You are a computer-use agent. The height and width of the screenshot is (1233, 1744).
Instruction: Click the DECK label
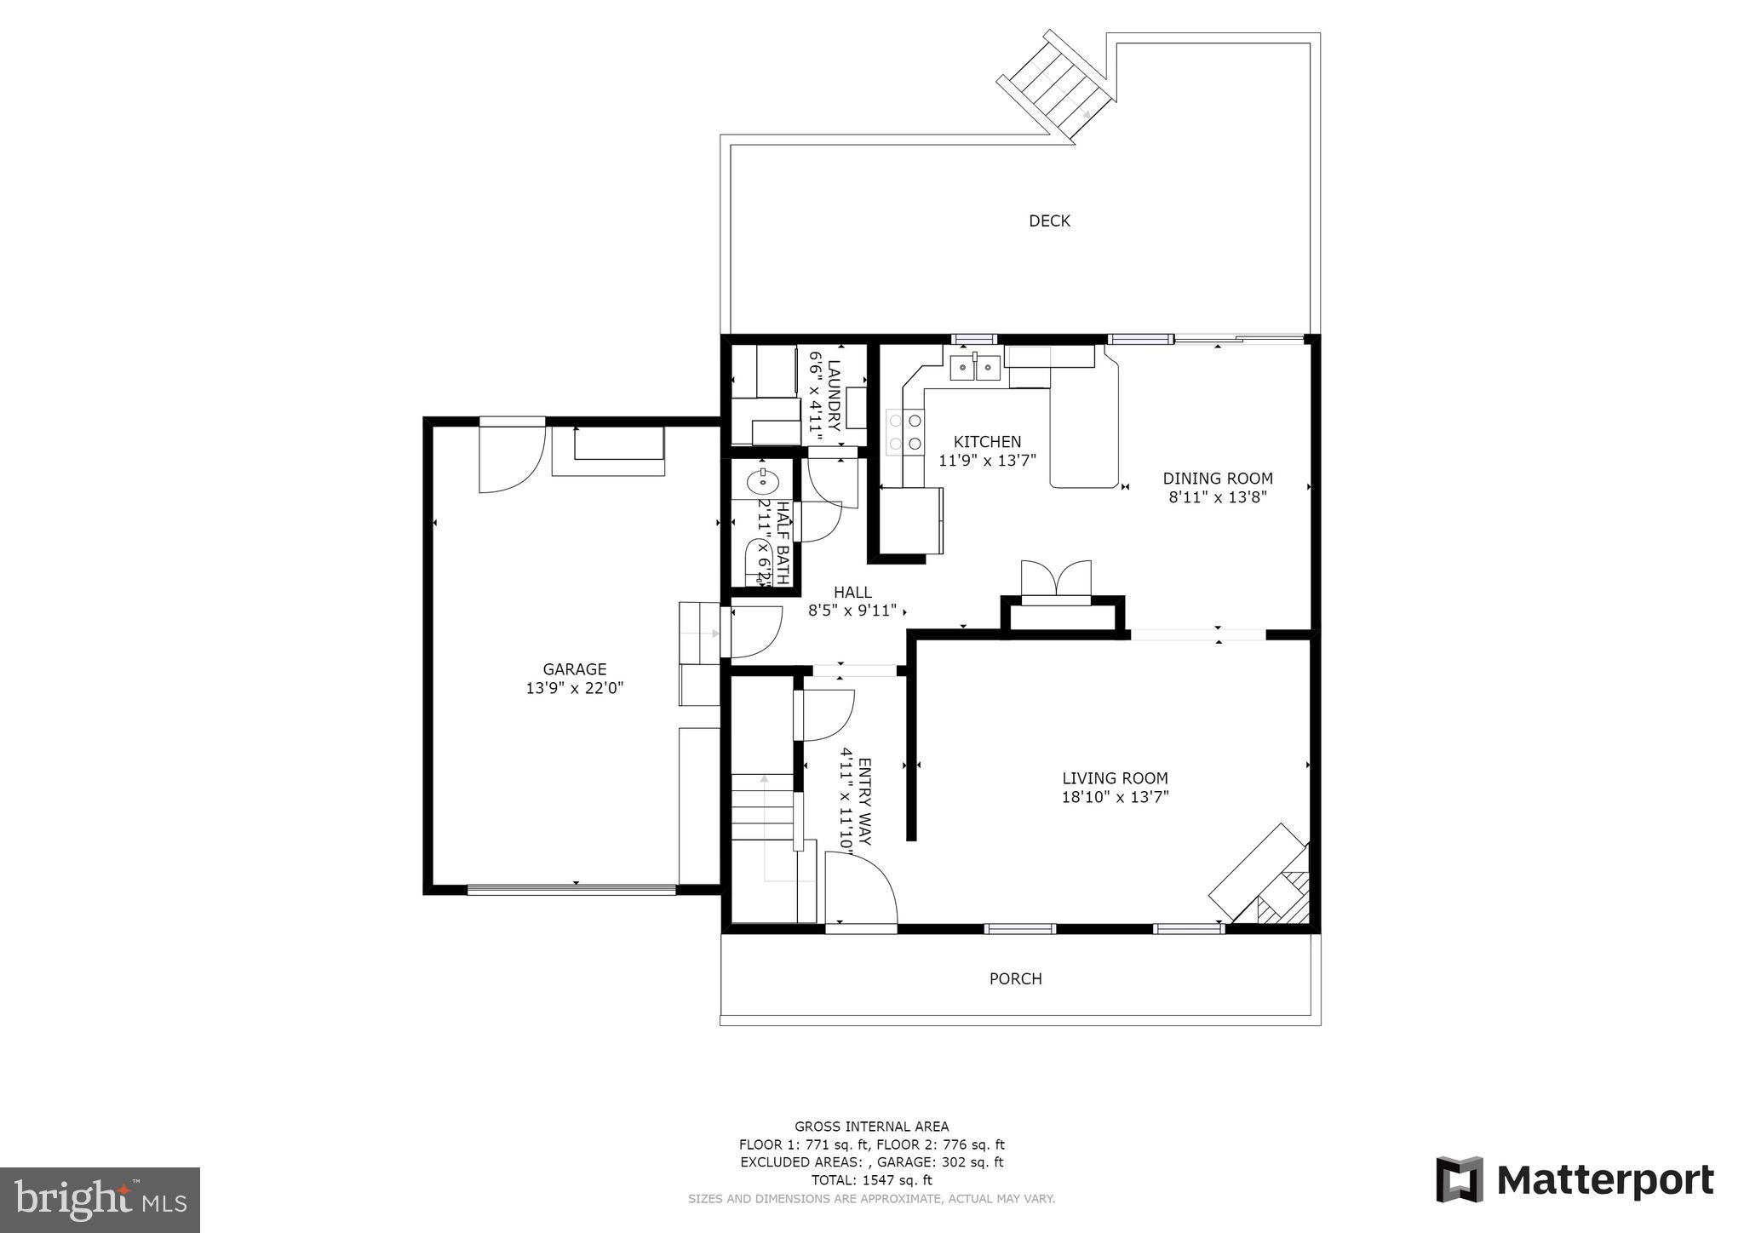pos(1049,221)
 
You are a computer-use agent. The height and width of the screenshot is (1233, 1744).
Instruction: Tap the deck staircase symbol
pos(1057,86)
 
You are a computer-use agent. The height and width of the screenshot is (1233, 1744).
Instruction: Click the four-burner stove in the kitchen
pos(905,431)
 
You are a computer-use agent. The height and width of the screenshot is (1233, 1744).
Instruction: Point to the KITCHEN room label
pos(987,442)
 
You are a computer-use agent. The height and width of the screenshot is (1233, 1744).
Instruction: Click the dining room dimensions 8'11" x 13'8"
pos(1218,497)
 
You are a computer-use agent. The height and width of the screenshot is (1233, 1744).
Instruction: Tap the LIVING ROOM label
pos(1115,778)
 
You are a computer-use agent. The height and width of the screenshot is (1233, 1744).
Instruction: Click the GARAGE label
pos(575,669)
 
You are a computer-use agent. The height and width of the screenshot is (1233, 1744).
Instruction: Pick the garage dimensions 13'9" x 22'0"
pos(575,688)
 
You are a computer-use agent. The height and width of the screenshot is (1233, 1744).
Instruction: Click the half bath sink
pos(762,482)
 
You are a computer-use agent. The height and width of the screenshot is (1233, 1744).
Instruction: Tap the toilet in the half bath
pos(758,562)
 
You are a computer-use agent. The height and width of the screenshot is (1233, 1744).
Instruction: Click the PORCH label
pos(1015,979)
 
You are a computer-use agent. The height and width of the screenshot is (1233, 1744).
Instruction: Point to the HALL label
pos(852,593)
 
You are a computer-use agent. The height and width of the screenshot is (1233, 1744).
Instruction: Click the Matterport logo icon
pos(1460,1179)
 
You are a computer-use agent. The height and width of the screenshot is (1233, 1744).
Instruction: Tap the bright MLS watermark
pos(100,1200)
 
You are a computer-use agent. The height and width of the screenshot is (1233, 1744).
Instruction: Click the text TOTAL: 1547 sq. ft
pos(871,1180)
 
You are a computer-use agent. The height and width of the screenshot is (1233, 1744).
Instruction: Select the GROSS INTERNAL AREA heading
pos(871,1127)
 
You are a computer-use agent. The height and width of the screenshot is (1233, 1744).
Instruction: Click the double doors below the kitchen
pos(1056,579)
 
